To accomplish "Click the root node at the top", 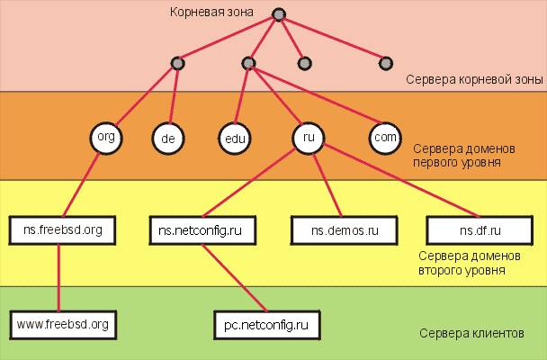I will point(279,15).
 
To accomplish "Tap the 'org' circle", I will point(105,138).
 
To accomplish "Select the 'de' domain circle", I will point(166,139).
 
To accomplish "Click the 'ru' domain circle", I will point(308,139).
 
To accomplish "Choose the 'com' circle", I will point(384,138).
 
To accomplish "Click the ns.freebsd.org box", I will point(63,229).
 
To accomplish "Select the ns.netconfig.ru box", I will point(202,229).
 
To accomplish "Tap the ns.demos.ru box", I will point(345,230).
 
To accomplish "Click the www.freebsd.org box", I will point(63,322).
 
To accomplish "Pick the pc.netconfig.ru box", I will point(267,322).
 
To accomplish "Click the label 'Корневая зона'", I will point(212,13).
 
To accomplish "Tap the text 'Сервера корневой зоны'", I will point(474,80).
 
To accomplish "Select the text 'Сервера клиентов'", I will point(471,333).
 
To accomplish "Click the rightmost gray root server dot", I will point(386,63).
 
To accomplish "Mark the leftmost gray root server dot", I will point(177,63).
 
